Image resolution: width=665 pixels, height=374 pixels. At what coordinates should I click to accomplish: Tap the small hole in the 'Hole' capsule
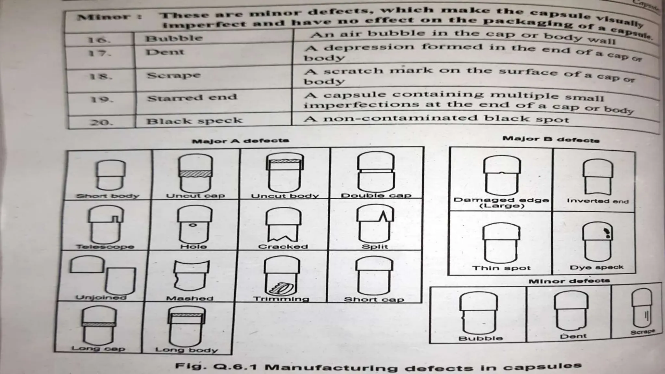(x=193, y=225)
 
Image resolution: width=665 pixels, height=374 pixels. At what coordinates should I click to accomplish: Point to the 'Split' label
(x=375, y=246)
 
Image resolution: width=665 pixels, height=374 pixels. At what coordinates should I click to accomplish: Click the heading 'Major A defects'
(x=240, y=141)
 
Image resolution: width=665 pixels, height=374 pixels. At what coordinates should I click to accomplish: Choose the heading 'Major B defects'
(x=551, y=140)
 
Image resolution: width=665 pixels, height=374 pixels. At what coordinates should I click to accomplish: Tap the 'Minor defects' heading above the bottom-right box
(x=569, y=281)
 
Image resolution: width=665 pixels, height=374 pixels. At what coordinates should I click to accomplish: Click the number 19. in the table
(x=101, y=99)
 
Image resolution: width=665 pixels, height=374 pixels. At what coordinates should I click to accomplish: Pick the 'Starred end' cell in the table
(x=192, y=98)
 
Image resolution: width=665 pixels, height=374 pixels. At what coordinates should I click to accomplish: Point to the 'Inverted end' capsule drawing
(x=598, y=177)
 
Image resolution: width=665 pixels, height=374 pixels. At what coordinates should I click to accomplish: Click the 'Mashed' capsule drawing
(x=191, y=275)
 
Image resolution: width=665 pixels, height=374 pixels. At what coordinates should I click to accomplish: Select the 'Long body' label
(x=186, y=350)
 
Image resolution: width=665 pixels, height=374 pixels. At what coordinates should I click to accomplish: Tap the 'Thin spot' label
(x=501, y=268)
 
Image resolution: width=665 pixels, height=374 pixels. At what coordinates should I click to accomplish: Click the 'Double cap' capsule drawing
(x=376, y=173)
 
